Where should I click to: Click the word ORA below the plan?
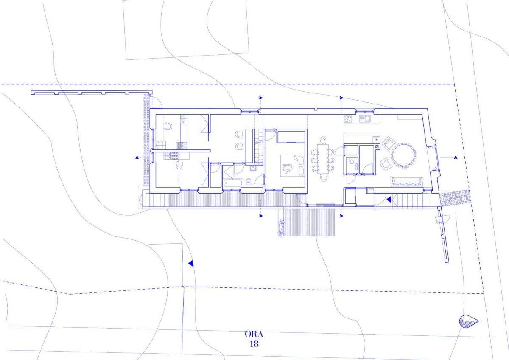coord(254,334)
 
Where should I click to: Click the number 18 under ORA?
coord(254,344)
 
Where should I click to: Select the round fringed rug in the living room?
coord(404,155)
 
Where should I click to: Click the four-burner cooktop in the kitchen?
coord(348,119)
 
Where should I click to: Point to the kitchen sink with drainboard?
coord(365,119)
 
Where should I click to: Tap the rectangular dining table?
coord(323,159)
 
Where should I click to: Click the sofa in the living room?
coord(407,181)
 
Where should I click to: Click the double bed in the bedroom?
coord(292,166)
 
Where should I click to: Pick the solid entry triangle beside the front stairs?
coord(389,200)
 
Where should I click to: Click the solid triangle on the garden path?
coord(190,263)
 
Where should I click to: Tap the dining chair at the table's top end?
coord(323,140)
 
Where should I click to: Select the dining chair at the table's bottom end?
coord(323,177)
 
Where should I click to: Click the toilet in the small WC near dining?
coord(352,161)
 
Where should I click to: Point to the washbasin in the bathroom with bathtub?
coord(253,168)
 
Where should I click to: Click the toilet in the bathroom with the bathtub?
coord(249,181)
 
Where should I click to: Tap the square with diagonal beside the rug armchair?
coord(377,147)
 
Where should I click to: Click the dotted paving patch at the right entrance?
coord(455,197)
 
